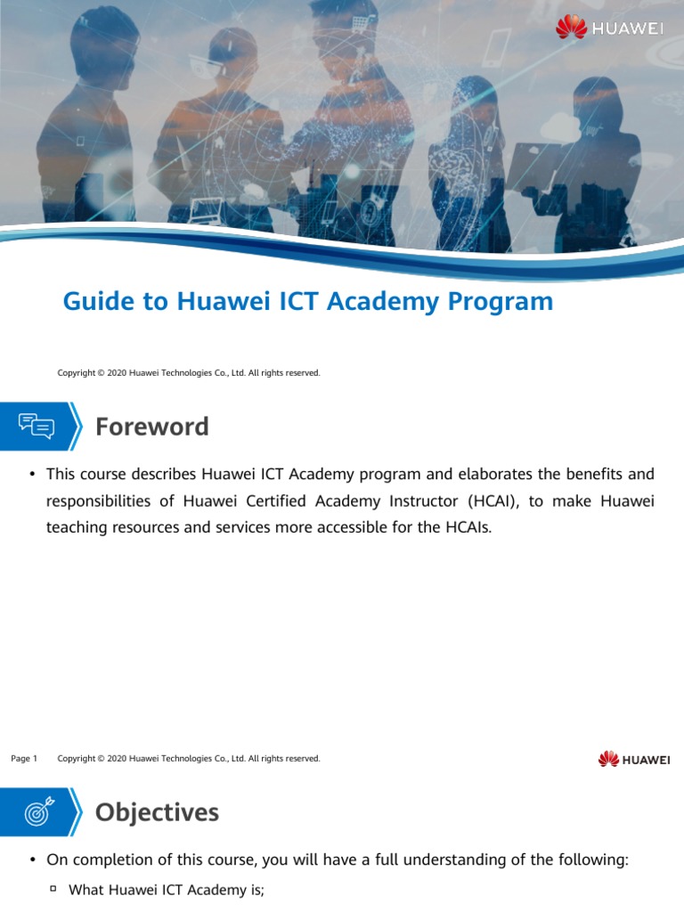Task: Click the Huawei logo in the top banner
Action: pos(609,28)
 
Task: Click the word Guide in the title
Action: pos(94,302)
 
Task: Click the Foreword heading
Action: pos(152,427)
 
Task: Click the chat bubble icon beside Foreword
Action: pos(37,427)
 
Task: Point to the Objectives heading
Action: pos(157,812)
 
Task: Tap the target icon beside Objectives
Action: pos(37,812)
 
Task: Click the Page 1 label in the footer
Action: pos(24,759)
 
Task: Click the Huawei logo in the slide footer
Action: pos(634,759)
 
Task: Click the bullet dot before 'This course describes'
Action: pos(32,474)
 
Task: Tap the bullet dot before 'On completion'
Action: pos(32,860)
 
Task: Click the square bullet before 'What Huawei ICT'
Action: pos(53,888)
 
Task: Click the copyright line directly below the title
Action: pos(189,372)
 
